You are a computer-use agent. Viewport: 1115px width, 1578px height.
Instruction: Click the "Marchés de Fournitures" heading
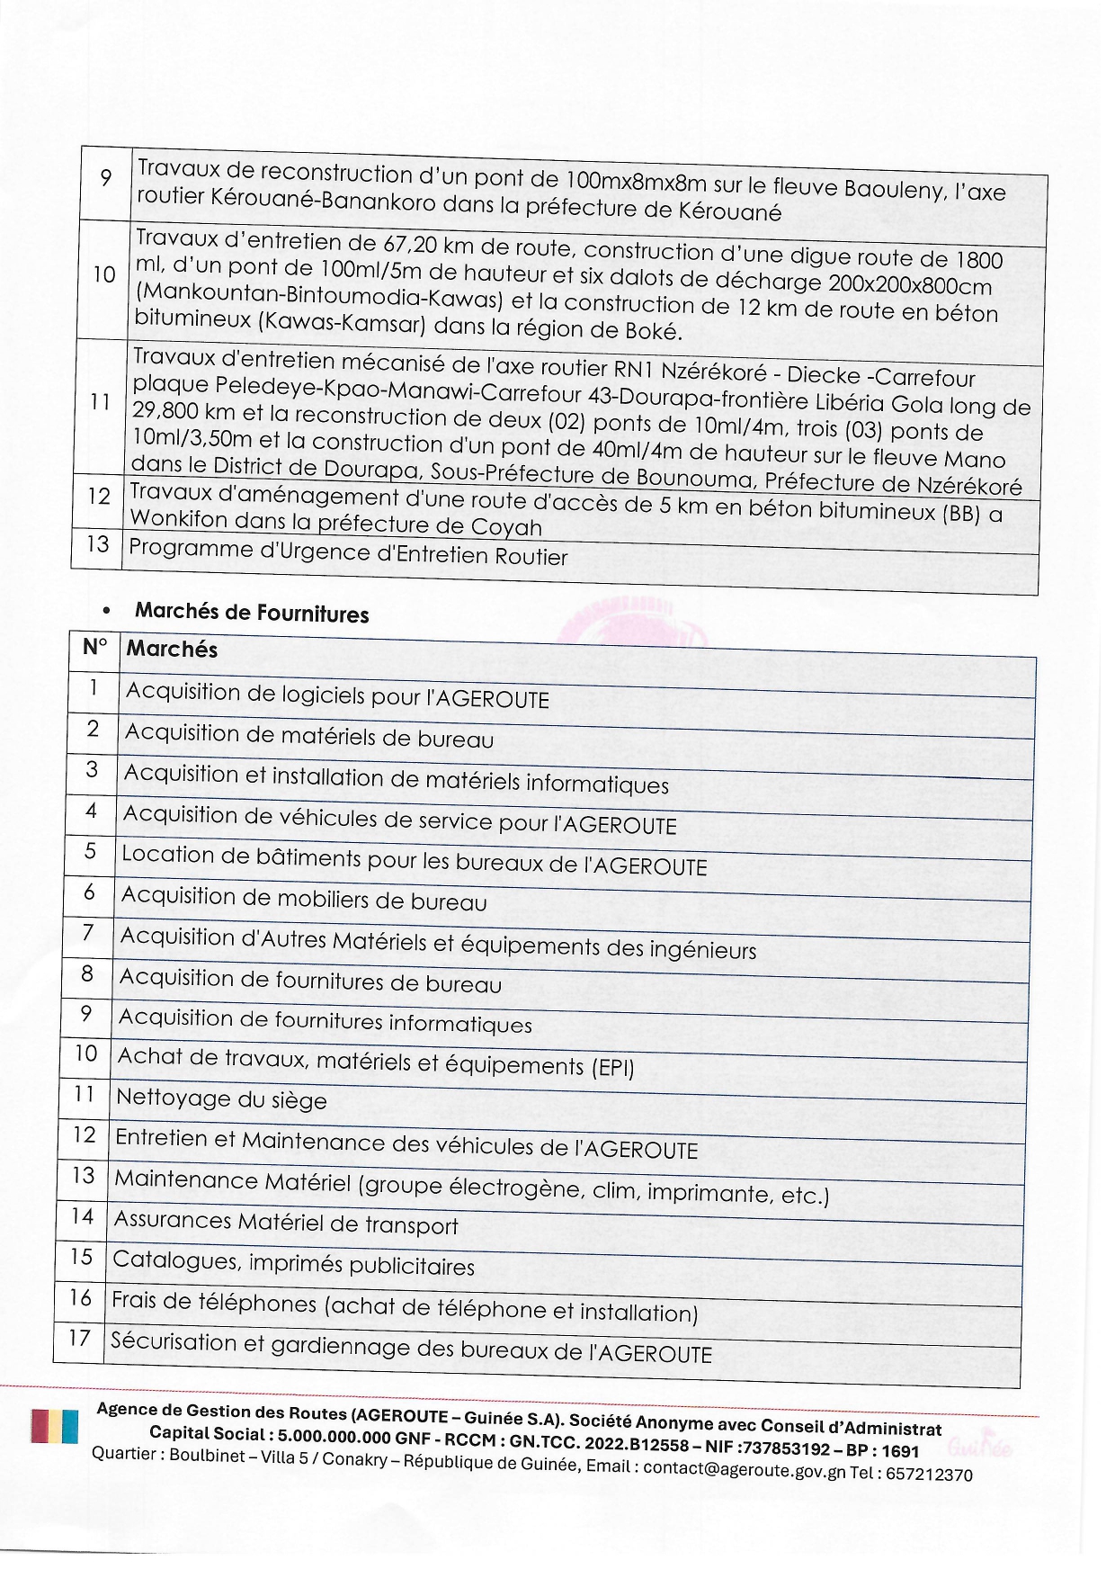(x=252, y=613)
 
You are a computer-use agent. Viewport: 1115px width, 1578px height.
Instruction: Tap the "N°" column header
(x=94, y=647)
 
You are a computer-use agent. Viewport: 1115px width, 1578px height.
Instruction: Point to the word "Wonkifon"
(x=177, y=519)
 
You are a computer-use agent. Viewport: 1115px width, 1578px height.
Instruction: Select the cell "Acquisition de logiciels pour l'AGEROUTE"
(x=337, y=695)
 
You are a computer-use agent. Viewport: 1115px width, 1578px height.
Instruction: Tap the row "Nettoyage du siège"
(x=221, y=1098)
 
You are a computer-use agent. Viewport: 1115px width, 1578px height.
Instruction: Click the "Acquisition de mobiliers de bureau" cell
(x=304, y=899)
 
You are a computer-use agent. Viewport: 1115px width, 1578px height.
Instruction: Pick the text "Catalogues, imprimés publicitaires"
(x=293, y=1263)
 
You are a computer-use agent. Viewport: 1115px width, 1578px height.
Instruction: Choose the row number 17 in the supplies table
(x=79, y=1338)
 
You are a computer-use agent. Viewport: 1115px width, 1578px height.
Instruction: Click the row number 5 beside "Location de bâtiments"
(x=90, y=850)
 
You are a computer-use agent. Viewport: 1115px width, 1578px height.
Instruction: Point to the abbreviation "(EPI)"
(x=612, y=1068)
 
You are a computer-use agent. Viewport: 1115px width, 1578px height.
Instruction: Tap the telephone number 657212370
(x=929, y=1475)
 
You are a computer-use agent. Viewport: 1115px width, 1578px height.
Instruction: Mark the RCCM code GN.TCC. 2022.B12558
(x=594, y=1443)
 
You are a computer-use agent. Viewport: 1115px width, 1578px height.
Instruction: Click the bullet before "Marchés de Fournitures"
(x=107, y=610)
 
